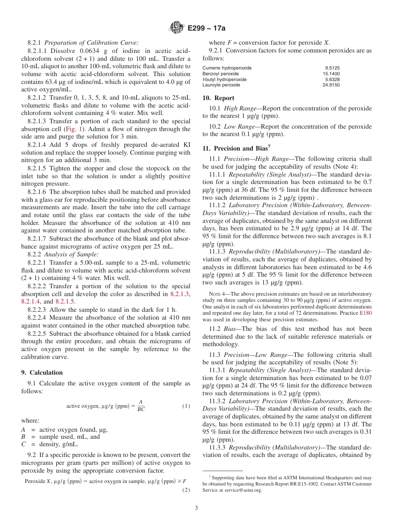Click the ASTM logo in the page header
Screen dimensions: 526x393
[x=177, y=29]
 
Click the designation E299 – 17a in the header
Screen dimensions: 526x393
[x=206, y=29]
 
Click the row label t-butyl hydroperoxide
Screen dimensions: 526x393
[x=224, y=79]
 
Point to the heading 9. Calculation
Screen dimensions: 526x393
[x=42, y=372]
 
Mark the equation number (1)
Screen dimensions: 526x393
[x=186, y=406]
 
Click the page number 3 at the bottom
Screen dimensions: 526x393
[x=196, y=508]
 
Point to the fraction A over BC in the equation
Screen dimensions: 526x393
[x=141, y=406]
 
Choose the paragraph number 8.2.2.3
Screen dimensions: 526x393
[x=39, y=310]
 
